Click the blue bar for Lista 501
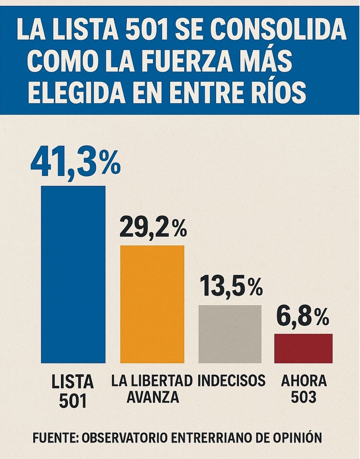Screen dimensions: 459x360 [x=73, y=274]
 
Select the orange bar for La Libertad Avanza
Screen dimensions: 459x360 [x=152, y=304]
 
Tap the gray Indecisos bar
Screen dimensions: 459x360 [x=230, y=333]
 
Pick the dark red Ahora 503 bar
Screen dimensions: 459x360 [x=303, y=348]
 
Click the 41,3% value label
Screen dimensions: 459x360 [x=75, y=163]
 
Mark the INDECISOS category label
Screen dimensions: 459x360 [x=231, y=380]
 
